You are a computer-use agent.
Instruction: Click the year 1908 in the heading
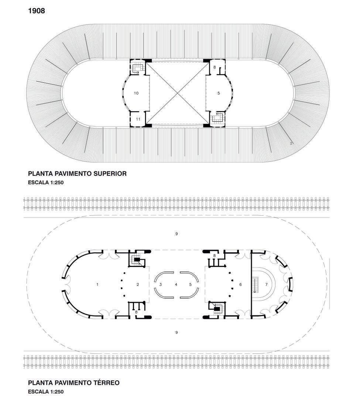(37, 11)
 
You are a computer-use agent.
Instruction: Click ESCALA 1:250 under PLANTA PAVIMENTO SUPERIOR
(46, 182)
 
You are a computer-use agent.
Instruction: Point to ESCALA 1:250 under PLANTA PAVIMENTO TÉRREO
(46, 391)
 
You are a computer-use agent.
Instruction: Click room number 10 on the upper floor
(136, 93)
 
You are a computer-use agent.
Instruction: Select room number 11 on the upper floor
(138, 119)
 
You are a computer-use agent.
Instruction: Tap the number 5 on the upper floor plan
(219, 93)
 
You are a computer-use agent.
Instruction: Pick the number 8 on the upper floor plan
(215, 67)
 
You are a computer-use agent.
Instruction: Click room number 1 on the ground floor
(97, 284)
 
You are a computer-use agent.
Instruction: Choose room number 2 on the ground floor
(138, 284)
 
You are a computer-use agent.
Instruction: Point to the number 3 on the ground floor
(161, 284)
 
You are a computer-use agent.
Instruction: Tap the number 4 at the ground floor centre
(176, 284)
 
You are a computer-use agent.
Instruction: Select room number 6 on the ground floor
(240, 284)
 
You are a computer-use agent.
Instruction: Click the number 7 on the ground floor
(266, 284)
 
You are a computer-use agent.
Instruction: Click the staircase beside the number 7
(254, 284)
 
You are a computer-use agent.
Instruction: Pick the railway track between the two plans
(176, 203)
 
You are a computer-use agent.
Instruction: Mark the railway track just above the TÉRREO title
(176, 362)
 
